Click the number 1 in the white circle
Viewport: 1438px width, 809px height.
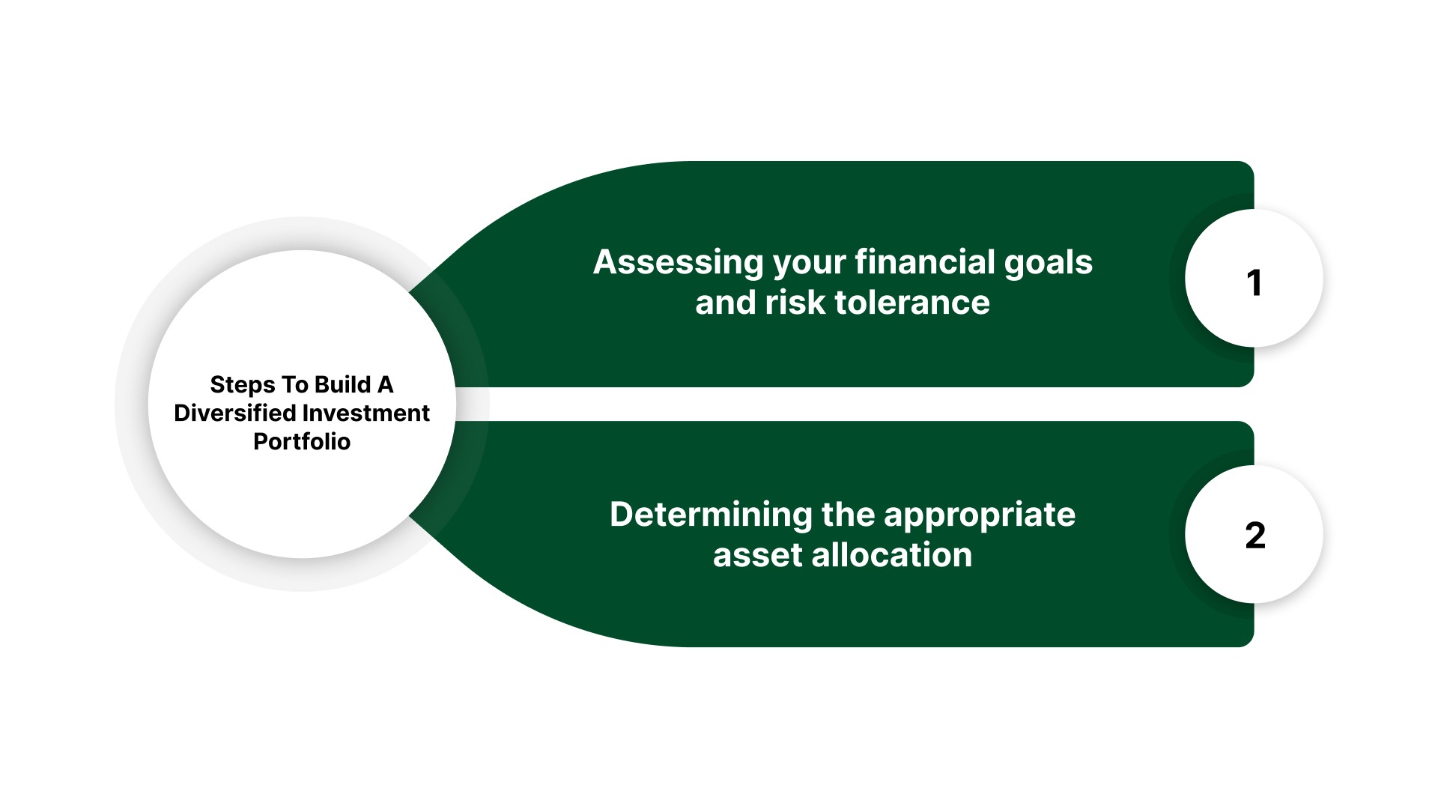point(1254,283)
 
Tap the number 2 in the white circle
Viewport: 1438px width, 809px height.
point(1255,536)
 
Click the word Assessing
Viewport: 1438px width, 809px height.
point(678,263)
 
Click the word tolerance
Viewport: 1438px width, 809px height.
point(912,303)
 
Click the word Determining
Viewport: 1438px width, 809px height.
point(711,515)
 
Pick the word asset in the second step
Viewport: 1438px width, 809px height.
point(757,555)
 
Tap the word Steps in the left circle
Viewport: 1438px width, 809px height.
point(243,385)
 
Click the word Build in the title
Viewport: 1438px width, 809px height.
point(342,384)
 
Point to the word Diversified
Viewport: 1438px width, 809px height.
point(234,413)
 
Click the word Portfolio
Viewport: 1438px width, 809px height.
point(302,442)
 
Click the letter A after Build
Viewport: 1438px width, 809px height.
point(385,384)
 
